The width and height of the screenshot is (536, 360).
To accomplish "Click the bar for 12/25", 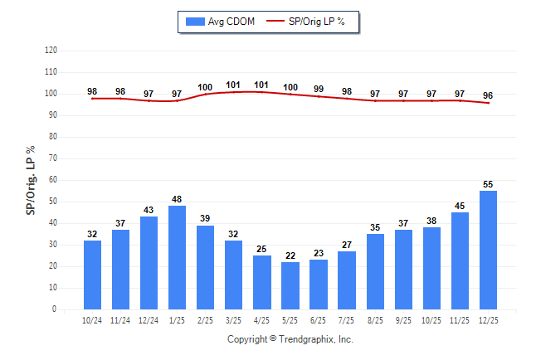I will click(488, 250).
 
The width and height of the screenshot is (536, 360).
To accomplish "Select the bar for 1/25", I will click(177, 257).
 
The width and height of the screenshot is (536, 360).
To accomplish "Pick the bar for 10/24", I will click(92, 275).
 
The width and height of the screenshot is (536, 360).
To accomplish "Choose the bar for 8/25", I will click(375, 271).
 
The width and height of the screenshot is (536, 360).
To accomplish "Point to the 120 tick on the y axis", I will click(51, 50).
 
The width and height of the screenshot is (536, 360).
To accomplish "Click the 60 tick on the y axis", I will click(52, 179).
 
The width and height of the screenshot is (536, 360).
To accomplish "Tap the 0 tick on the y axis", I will click(55, 309).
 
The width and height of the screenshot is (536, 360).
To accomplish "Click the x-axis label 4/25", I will click(262, 319).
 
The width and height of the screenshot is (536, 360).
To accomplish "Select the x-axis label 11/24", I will click(120, 319).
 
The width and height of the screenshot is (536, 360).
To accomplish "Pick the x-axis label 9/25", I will click(403, 319).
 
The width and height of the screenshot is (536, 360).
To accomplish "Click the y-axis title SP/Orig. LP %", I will click(31, 179).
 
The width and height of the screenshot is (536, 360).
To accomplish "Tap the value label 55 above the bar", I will click(488, 184).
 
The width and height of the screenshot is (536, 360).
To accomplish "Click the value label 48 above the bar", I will click(177, 199).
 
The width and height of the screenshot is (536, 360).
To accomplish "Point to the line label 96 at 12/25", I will click(488, 95).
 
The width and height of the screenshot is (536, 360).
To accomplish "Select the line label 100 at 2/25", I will click(205, 87).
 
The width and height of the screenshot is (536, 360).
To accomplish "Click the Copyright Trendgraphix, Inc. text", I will click(290, 339).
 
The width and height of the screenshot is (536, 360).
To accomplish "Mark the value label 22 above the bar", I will click(290, 255).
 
